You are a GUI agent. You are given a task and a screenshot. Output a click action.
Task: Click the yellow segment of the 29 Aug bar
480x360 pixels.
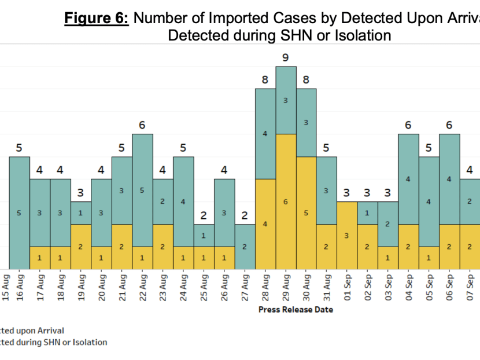[285, 201]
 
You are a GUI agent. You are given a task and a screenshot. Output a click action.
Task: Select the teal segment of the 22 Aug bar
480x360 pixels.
[142, 190]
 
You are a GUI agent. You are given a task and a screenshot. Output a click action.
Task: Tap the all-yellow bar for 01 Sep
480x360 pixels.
[347, 235]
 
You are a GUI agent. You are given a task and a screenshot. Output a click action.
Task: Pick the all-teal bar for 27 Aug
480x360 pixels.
[245, 247]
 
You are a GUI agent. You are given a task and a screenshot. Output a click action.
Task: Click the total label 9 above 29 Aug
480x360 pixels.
[285, 57]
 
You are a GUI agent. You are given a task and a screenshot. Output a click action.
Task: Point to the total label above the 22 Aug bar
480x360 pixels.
[142, 125]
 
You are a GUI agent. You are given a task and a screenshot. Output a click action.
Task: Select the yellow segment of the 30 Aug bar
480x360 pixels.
[306, 212]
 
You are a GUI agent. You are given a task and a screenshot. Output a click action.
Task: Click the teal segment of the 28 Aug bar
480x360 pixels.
[265, 134]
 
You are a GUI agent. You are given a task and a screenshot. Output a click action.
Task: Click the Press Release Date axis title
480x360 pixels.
[296, 309]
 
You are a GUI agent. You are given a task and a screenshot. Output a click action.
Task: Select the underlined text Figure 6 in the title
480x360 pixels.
[96, 19]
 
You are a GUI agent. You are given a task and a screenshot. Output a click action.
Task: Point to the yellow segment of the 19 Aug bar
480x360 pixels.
[81, 247]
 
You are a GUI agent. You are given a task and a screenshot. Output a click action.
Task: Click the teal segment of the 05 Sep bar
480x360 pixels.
[429, 201]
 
